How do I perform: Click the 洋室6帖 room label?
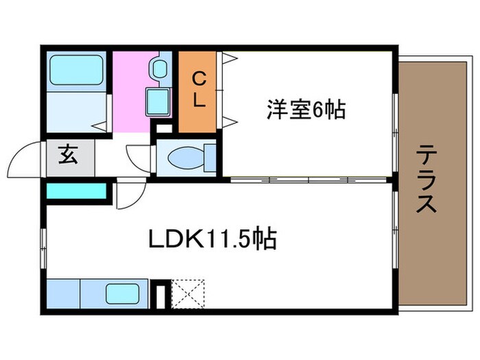coord(306,110)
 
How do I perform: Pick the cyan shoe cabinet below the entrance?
coord(77,191)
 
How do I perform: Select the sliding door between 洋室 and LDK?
coord(309,180)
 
